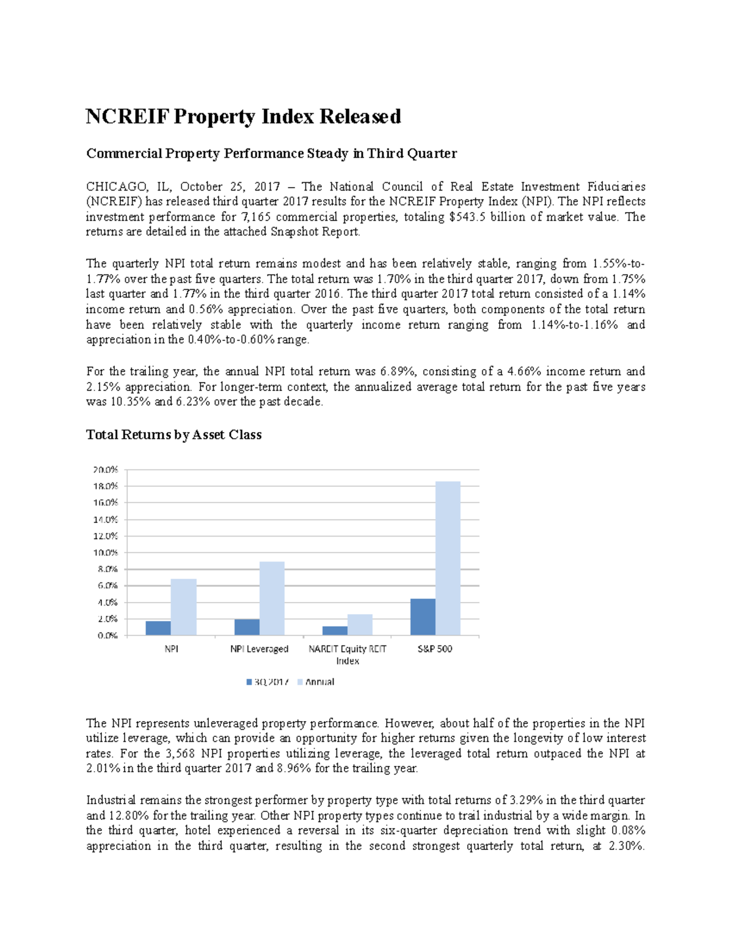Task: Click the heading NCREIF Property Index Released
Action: [x=243, y=116]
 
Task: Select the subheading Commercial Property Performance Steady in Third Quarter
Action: [x=271, y=153]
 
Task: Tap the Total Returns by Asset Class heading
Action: [x=173, y=434]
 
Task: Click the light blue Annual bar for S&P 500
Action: [x=448, y=558]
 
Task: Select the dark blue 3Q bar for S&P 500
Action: [x=423, y=617]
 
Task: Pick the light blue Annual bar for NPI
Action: [x=184, y=607]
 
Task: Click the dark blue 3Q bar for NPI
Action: [x=159, y=628]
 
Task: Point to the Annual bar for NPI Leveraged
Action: [x=272, y=598]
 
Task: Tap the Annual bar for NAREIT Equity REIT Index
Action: [x=360, y=625]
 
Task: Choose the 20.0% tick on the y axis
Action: [x=106, y=470]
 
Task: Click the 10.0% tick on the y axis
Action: [x=106, y=552]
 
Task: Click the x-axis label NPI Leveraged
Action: [x=259, y=649]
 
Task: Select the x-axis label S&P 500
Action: [x=435, y=649]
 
